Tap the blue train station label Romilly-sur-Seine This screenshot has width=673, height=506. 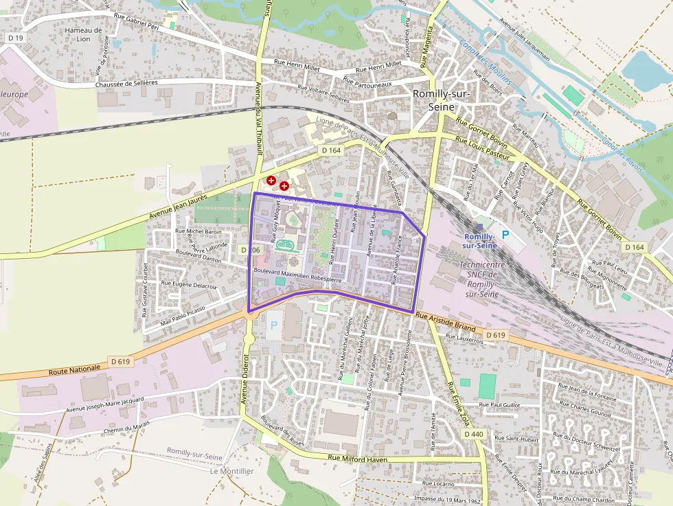click(x=479, y=240)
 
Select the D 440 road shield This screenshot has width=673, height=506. click(x=474, y=435)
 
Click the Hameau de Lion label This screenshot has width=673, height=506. click(x=83, y=34)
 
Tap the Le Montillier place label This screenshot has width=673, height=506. click(x=232, y=472)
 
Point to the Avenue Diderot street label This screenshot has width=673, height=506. click(x=244, y=378)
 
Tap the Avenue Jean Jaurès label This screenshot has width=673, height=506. click(x=179, y=207)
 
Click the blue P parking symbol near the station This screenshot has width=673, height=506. click(x=506, y=235)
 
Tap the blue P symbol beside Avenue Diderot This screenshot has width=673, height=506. click(x=275, y=325)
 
